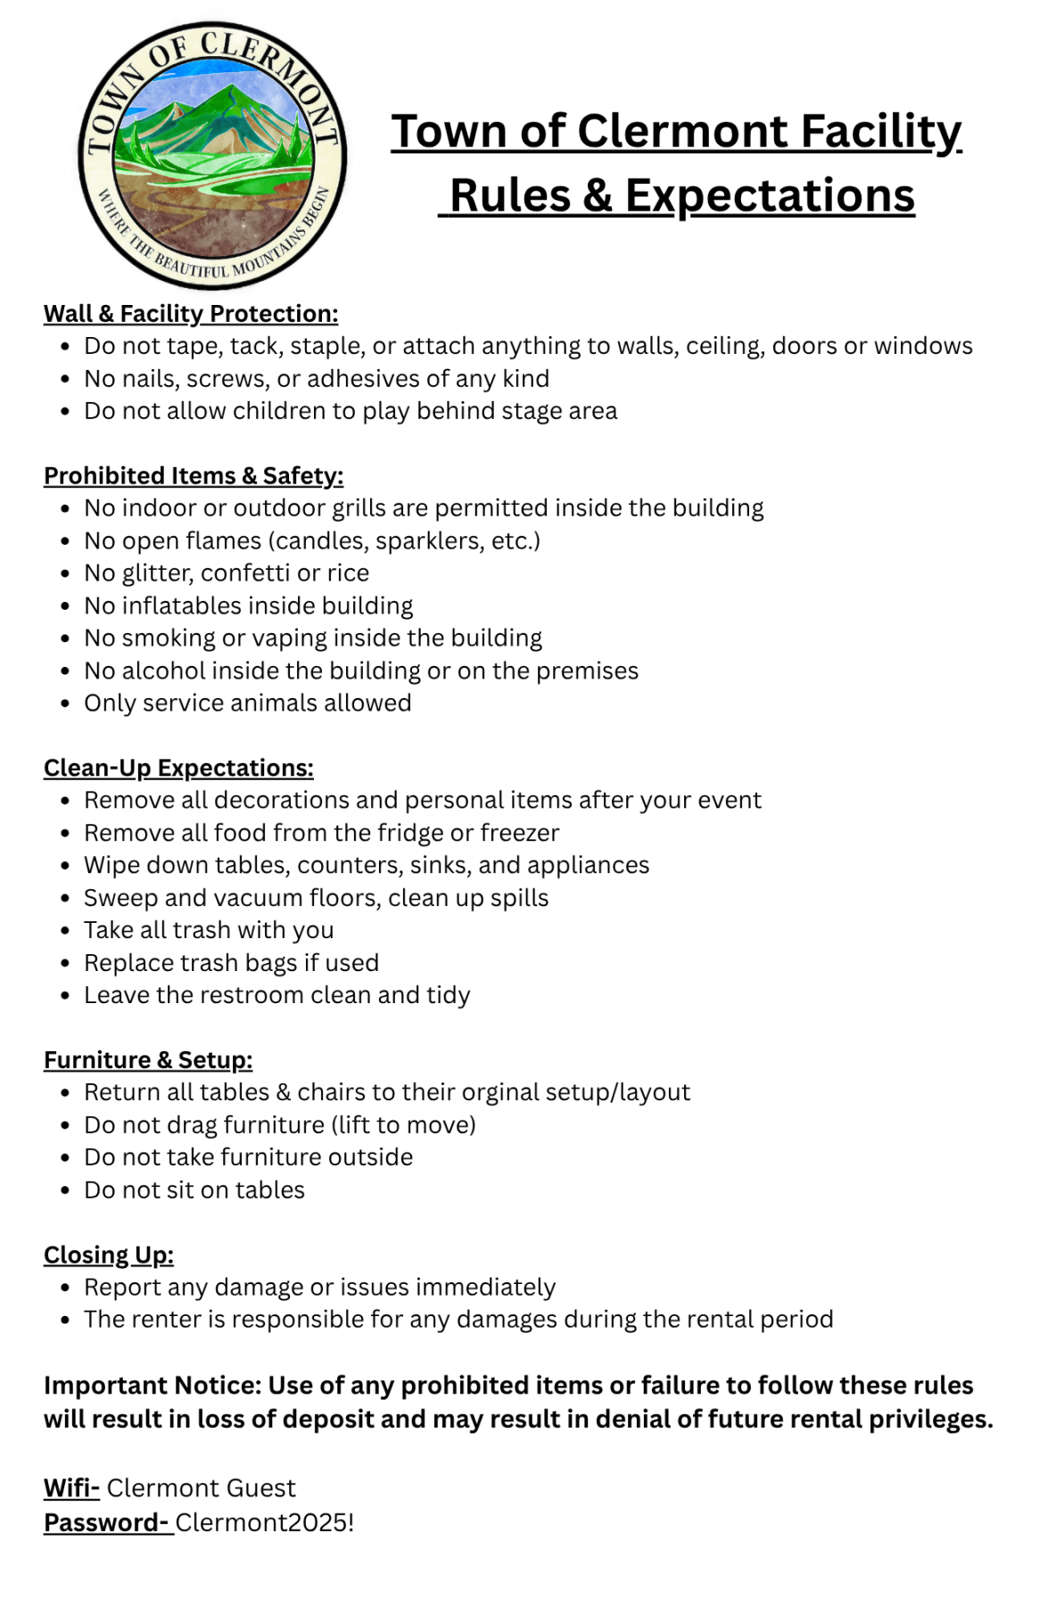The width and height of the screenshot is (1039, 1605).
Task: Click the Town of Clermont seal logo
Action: [212, 154]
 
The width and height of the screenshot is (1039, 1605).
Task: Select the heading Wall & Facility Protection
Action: [191, 314]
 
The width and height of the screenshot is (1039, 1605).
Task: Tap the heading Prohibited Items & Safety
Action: [194, 476]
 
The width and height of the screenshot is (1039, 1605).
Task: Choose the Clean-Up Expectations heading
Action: [178, 768]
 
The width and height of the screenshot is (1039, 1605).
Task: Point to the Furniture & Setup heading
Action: [148, 1060]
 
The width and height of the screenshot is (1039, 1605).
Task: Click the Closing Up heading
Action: [109, 1255]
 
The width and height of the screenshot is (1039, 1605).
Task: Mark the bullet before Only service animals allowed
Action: [65, 704]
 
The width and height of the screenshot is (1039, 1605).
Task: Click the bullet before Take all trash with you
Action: [65, 932]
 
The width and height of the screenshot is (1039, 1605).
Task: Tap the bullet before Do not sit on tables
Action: [65, 1191]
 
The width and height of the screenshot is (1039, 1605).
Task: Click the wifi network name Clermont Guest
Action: [201, 1488]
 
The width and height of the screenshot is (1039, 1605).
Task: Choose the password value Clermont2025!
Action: [264, 1522]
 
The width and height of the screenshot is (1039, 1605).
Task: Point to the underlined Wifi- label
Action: [71, 1488]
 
